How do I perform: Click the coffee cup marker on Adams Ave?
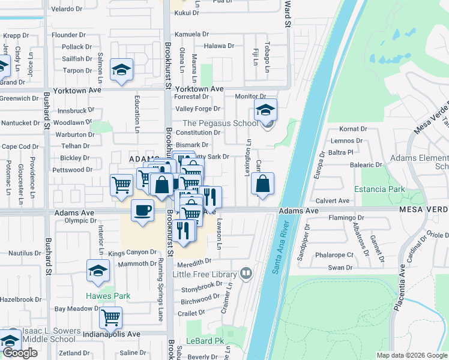(142, 211)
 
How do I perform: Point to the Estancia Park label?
(379, 189)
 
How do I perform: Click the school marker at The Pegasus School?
(265, 110)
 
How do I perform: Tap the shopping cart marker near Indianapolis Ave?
(110, 317)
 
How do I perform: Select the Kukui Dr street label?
(187, 13)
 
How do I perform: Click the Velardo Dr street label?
(66, 10)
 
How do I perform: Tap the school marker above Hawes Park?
(98, 271)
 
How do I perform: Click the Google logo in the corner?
(20, 353)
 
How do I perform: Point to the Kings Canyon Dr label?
(132, 253)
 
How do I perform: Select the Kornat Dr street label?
(353, 129)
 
